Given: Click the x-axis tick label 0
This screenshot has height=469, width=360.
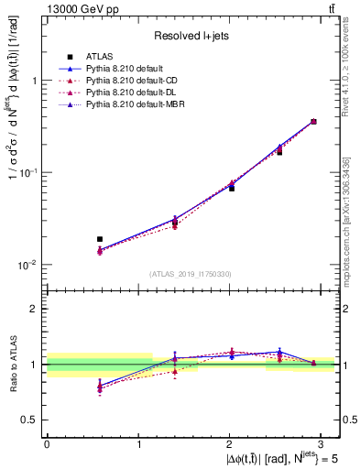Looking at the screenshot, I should pyautogui.click(x=47, y=442).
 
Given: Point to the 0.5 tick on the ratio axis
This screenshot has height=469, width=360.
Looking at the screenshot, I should pyautogui.click(x=31, y=420).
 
